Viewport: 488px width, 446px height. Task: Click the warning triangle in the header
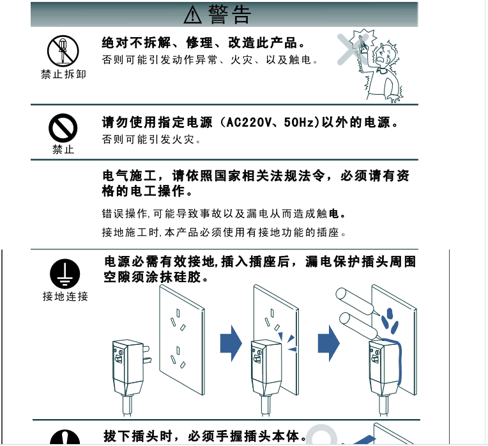[x=193, y=13]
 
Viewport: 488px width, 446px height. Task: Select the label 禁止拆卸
[x=63, y=74]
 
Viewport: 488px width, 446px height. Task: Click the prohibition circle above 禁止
[x=63, y=129]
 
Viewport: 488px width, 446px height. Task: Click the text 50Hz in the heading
[x=299, y=122]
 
